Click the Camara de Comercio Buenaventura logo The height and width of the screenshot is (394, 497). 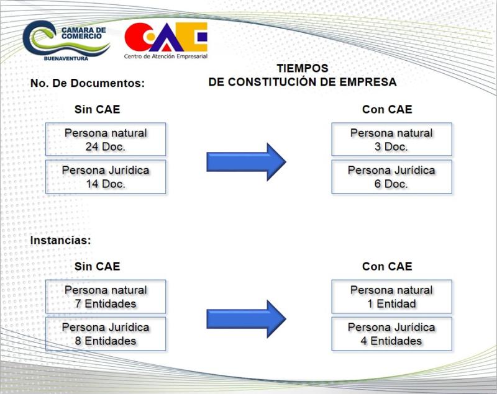tap(66, 41)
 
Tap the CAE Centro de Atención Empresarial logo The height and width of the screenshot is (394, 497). tap(166, 40)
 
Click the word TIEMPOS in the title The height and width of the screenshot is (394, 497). tap(303, 68)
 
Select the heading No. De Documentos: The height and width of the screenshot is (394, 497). tap(88, 83)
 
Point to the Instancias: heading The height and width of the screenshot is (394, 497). tap(60, 240)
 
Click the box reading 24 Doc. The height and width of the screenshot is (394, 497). tap(106, 139)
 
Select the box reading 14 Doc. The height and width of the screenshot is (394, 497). tap(106, 177)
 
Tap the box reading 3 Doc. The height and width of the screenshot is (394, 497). tap(392, 139)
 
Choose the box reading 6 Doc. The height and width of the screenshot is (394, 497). tap(392, 177)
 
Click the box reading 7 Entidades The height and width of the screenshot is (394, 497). tap(106, 297)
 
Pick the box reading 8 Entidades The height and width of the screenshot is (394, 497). tap(106, 334)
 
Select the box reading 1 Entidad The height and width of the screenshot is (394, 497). tap(392, 297)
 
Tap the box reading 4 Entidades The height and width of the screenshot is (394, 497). tap(392, 334)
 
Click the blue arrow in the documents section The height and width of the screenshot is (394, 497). tap(246, 162)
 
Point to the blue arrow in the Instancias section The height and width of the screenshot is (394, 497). tap(246, 319)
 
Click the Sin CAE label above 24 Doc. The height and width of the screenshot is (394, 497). tap(98, 109)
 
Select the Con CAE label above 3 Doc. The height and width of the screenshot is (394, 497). tap(387, 109)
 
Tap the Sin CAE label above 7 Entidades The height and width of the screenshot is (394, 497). tap(98, 266)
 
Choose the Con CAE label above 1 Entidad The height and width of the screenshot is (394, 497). tap(387, 266)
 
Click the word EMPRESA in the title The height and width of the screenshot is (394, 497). tap(368, 82)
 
